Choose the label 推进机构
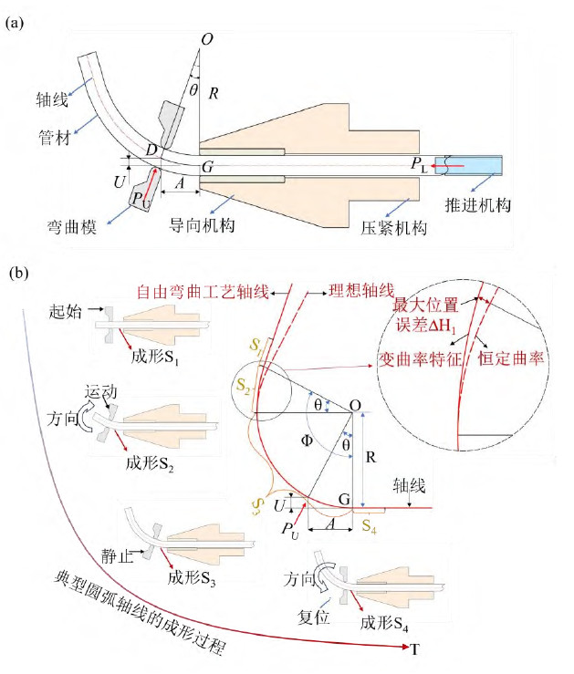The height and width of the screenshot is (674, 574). pos(478,203)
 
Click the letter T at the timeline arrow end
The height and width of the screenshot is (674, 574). pos(414,648)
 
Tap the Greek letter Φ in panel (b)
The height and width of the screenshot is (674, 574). pos(307,440)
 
